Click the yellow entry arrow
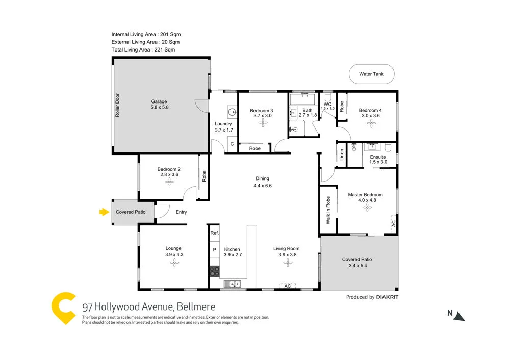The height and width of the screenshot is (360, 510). [x=105, y=212]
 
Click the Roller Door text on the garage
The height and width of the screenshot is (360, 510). [x=117, y=105]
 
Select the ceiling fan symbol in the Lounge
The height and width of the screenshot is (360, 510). [x=174, y=263]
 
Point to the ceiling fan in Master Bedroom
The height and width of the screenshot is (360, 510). [x=365, y=208]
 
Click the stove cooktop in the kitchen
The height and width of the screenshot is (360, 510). [x=214, y=271]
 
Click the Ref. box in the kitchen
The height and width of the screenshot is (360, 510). [x=214, y=233]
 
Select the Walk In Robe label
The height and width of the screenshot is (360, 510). [x=328, y=210]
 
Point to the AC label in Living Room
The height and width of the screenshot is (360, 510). [x=287, y=286]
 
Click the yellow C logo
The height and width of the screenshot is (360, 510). [x=64, y=308]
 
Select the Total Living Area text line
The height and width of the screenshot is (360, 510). [x=143, y=50]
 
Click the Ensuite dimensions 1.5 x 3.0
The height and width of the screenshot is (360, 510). [x=378, y=162]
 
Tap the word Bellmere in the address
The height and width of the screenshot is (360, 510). [x=197, y=307]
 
